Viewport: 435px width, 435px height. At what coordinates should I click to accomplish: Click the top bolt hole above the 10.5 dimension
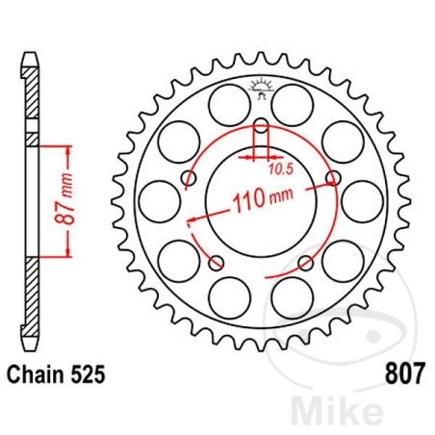(x=261, y=124)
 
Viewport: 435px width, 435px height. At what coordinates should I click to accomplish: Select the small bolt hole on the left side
(x=188, y=178)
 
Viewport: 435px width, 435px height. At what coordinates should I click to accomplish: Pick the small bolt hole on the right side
(x=333, y=178)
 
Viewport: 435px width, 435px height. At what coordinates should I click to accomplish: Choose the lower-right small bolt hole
(x=305, y=263)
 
